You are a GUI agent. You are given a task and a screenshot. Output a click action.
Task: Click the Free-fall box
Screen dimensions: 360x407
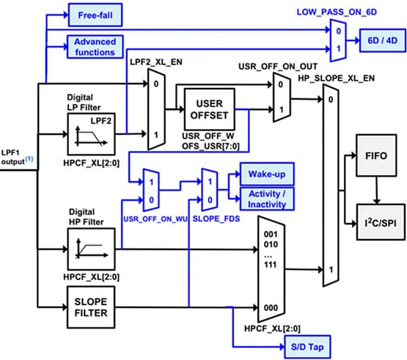point(92,14)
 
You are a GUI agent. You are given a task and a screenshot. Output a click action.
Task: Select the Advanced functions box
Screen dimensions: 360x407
point(93,46)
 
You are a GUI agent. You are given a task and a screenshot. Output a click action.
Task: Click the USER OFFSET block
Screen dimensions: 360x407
point(209,109)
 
